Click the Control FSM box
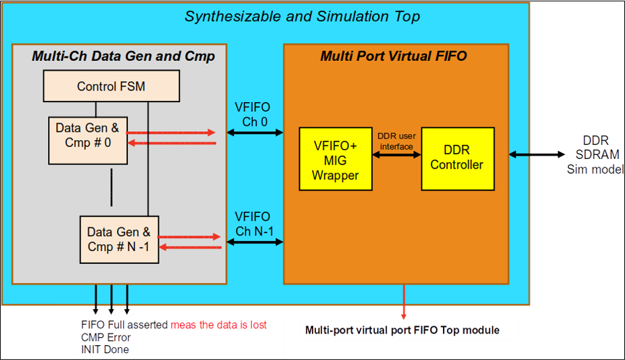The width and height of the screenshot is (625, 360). (111, 87)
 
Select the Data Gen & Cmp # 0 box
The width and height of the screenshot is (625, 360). (87, 139)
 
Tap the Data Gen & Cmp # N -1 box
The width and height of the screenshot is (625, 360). (118, 240)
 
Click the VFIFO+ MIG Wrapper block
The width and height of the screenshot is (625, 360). (335, 158)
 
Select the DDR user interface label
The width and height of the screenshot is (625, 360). (396, 141)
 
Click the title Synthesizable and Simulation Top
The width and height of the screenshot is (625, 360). (302, 16)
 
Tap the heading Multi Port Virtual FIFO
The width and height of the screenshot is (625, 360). (393, 56)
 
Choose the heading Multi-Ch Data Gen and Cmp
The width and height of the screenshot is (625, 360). (123, 56)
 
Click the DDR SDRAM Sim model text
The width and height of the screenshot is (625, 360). (594, 155)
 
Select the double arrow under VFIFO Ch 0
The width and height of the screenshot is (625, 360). (255, 133)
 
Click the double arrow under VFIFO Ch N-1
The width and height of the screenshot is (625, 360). (255, 242)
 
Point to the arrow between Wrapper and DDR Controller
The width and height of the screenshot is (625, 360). (396, 154)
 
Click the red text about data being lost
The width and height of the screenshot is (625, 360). (218, 325)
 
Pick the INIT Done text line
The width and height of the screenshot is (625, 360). (104, 349)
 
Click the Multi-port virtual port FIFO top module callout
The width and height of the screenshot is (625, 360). (409, 330)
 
